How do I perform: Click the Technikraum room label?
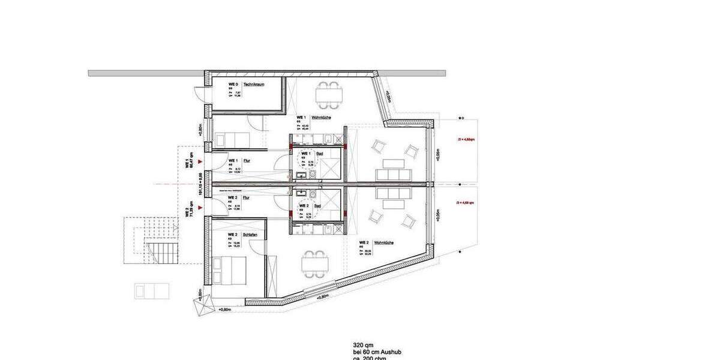pos(254,85)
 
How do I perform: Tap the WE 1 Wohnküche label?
pos(322,118)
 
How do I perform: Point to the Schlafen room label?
pos(250,235)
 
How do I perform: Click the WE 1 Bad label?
pos(321,154)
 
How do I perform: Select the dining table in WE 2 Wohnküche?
pos(316,262)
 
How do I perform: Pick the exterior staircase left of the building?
pos(160,249)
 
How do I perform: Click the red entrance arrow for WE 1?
pos(206,161)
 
